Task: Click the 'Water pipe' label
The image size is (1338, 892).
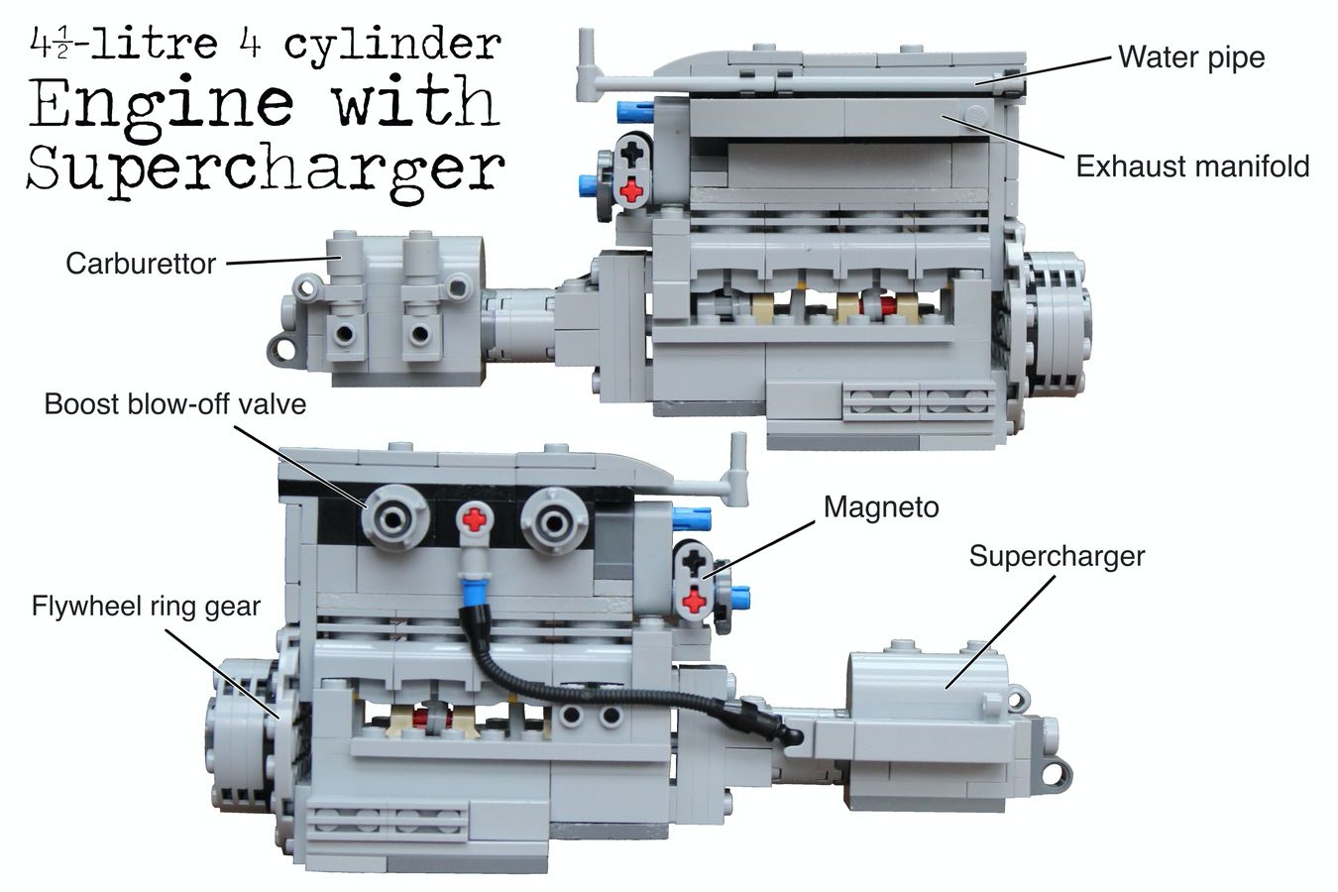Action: point(1191,58)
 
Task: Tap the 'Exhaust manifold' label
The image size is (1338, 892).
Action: point(1193,167)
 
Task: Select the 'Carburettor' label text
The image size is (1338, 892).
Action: point(141,264)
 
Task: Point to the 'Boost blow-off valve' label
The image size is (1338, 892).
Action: point(175,404)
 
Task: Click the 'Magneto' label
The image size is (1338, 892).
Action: point(881,507)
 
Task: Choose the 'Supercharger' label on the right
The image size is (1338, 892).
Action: point(1057,557)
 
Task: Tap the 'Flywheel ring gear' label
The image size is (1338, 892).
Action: point(147,607)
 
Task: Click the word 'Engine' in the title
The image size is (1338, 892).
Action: point(162,101)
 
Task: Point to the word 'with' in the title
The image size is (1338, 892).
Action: point(416,100)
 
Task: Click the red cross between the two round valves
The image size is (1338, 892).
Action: point(475,518)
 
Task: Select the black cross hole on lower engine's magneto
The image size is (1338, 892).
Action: point(693,559)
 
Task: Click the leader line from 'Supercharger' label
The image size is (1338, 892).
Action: point(999,631)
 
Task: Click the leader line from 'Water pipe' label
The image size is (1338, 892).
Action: point(1043,71)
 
